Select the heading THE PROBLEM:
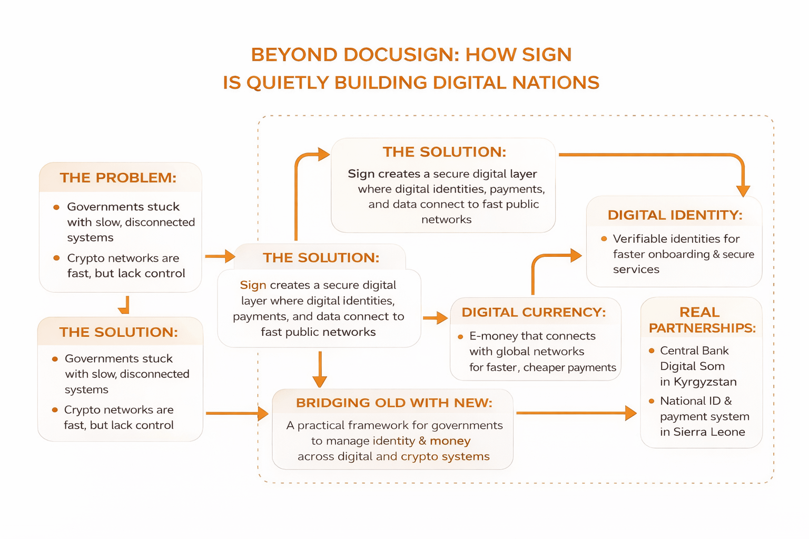coord(118,177)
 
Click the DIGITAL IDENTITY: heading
coord(675,215)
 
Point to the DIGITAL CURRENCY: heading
coord(534,312)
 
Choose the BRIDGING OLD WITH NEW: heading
coord(394,403)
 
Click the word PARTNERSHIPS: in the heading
coord(702,328)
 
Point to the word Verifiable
coord(637,239)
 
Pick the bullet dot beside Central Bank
coord(652,351)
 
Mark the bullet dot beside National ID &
coord(652,401)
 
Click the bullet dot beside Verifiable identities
coord(604,239)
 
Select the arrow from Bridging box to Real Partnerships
coord(577,413)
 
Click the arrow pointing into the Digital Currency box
coord(435,318)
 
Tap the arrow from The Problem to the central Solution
coord(220,256)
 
